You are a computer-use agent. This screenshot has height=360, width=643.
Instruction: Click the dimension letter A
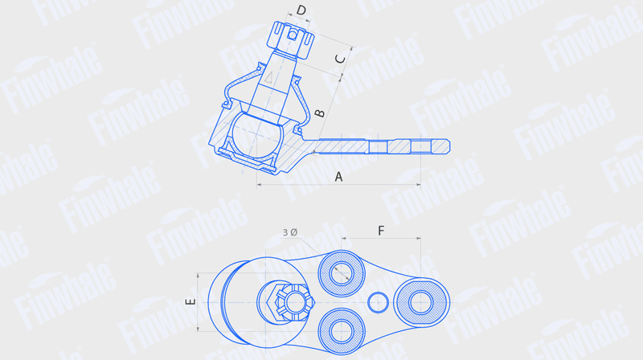click(x=338, y=177)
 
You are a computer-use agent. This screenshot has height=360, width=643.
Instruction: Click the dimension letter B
click(x=319, y=112)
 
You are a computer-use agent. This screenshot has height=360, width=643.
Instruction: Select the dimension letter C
click(x=340, y=59)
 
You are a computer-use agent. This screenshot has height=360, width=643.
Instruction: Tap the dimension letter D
click(x=301, y=10)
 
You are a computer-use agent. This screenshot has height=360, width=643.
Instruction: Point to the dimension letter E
click(x=190, y=302)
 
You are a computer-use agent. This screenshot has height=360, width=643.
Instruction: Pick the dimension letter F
click(x=381, y=231)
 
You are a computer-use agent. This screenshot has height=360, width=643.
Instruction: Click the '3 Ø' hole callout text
click(x=290, y=232)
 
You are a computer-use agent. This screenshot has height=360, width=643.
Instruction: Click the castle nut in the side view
click(x=290, y=39)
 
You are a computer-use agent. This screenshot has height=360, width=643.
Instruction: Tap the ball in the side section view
click(x=256, y=135)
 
